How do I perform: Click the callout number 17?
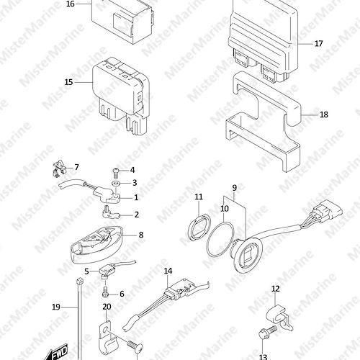click(x=318, y=44)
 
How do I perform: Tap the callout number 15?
click(x=68, y=82)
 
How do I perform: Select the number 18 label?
click(x=324, y=114)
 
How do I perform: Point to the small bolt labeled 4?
click(x=115, y=171)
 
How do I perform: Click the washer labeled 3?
click(x=116, y=183)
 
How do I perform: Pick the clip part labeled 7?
click(x=59, y=169)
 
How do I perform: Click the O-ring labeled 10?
click(x=220, y=239)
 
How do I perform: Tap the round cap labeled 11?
click(x=199, y=227)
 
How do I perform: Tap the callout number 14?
click(x=168, y=271)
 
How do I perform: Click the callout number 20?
click(x=107, y=307)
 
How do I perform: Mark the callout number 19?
click(x=56, y=307)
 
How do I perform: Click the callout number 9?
click(x=235, y=188)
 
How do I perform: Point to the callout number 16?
click(x=71, y=4)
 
